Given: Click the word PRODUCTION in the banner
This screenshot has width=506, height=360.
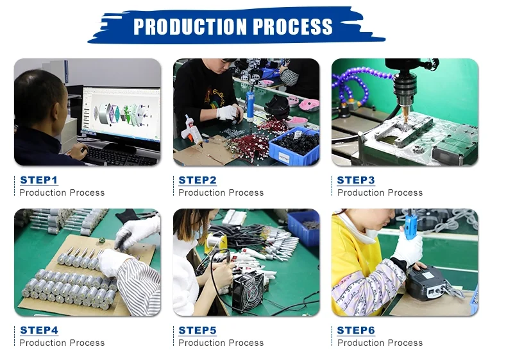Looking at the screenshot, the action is point(190,26).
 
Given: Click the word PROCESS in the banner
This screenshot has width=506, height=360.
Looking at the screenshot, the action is point(292,26).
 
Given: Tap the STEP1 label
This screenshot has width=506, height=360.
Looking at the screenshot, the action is point(38,180).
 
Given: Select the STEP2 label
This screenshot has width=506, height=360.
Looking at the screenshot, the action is point(198,180).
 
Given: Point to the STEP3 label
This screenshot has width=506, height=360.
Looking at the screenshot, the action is point(356,180).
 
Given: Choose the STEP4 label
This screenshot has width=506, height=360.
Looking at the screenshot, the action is point(39,330).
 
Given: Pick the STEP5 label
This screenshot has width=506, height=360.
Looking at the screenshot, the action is point(198,330).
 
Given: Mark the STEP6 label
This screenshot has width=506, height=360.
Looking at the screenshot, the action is point(356,330).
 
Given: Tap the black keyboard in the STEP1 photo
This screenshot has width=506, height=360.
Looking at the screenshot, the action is point(120,156).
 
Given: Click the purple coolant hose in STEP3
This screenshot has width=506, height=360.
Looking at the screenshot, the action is point(358,84).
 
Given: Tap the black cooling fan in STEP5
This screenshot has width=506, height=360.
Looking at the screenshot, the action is point(248,290).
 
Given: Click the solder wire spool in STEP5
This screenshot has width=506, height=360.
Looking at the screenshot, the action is point(214,241).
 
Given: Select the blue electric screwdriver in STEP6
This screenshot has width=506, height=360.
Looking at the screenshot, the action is point(411,223).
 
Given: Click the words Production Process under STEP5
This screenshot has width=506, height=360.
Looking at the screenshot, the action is point(221,343).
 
